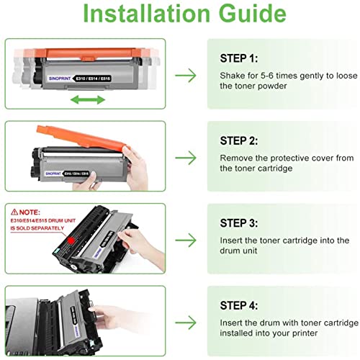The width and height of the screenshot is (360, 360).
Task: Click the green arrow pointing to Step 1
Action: click(x=186, y=74)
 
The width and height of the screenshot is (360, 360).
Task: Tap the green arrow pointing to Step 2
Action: click(x=186, y=156)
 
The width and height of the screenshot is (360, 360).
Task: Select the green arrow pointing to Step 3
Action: click(x=186, y=238)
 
